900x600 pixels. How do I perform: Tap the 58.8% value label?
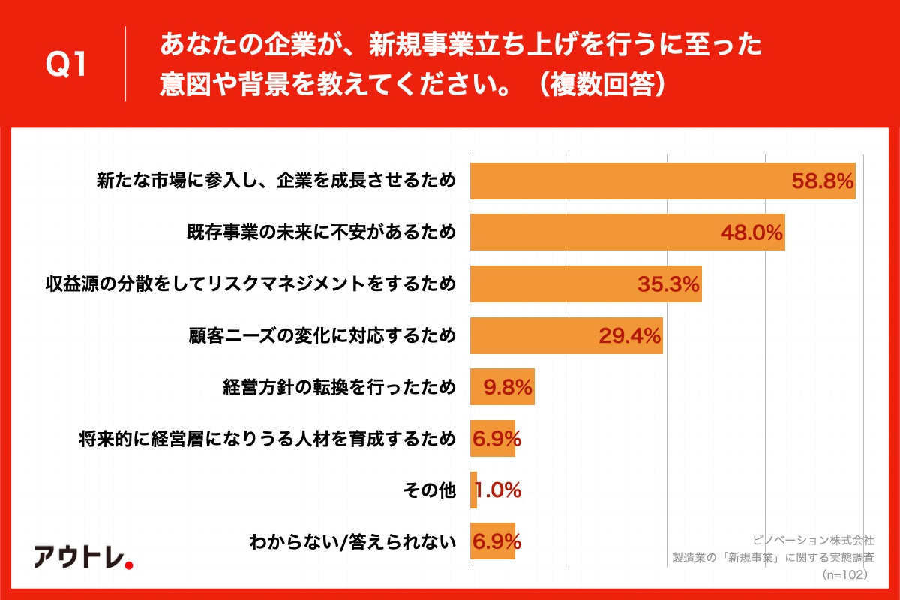click(823, 181)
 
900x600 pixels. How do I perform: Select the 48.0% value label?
click(751, 232)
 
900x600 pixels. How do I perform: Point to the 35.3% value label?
click(668, 284)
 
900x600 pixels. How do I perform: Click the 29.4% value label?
click(629, 336)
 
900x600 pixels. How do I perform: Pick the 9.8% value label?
click(508, 388)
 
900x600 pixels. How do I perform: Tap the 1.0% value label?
click(498, 490)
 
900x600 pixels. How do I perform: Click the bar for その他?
click(473, 490)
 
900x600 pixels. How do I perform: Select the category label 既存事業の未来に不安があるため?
click(321, 232)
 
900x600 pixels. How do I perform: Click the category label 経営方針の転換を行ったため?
click(339, 388)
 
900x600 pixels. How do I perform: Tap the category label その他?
click(429, 490)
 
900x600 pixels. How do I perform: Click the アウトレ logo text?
click(78, 556)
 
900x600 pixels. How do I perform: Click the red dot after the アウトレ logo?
click(128, 564)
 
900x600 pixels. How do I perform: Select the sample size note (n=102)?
click(845, 574)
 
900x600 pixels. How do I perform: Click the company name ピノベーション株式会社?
click(814, 540)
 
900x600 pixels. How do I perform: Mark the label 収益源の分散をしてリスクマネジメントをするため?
click(250, 284)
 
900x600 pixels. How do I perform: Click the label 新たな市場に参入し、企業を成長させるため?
click(276, 181)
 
